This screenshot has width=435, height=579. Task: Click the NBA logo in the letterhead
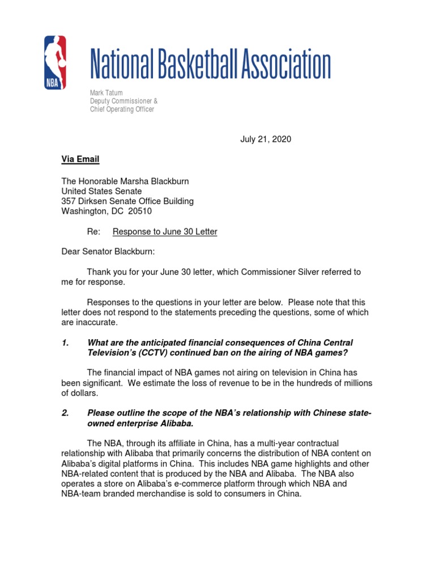click(x=55, y=62)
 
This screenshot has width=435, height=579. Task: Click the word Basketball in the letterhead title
click(x=197, y=64)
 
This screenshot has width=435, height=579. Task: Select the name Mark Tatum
click(x=106, y=93)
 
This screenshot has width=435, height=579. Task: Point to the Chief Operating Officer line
click(x=122, y=109)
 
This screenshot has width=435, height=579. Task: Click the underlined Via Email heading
click(x=80, y=159)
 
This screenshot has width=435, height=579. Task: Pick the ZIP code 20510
click(x=140, y=211)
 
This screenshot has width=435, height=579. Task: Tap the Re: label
click(x=93, y=231)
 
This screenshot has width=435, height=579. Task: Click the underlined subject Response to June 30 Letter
click(x=165, y=231)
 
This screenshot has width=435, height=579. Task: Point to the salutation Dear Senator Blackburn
click(x=108, y=251)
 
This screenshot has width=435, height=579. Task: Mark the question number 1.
click(x=65, y=343)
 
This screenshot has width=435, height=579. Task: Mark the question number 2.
click(x=65, y=413)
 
